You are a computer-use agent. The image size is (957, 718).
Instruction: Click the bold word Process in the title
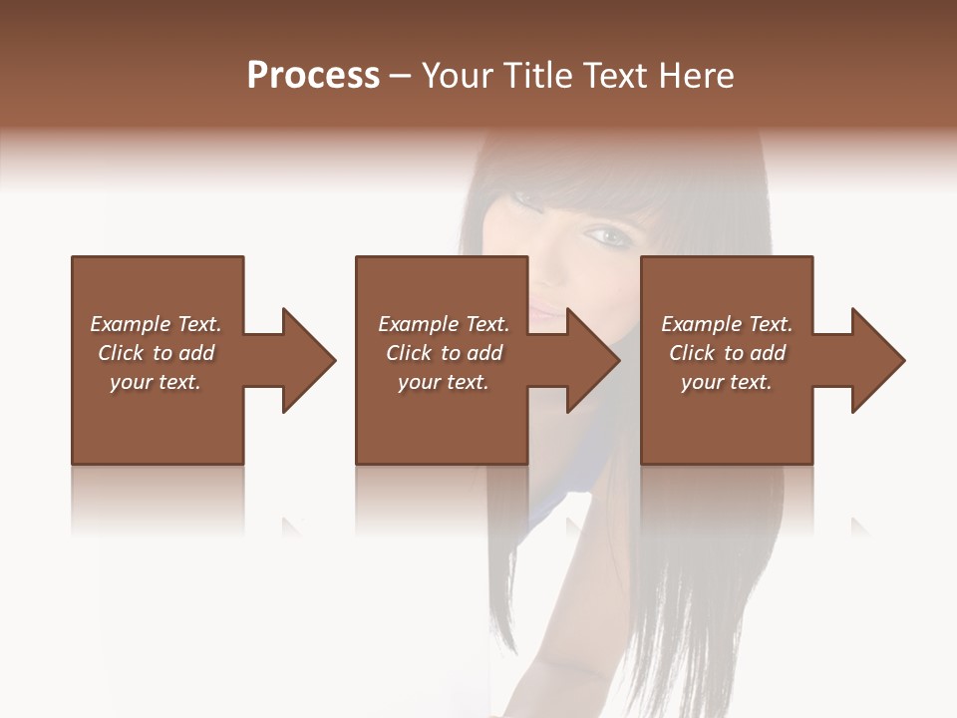click(313, 75)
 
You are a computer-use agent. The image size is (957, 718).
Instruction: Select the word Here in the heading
click(696, 75)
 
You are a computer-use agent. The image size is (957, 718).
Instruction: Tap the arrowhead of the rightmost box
click(877, 360)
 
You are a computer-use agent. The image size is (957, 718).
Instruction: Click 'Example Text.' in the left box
click(156, 324)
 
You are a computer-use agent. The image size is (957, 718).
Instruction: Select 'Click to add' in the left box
click(156, 353)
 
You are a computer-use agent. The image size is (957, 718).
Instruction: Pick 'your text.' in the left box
click(156, 382)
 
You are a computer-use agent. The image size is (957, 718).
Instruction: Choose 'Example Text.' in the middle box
click(443, 324)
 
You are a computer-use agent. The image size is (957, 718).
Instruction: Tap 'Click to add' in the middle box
click(443, 353)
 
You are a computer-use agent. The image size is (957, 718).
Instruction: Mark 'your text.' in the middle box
click(443, 382)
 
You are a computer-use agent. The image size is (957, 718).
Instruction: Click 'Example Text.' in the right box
click(727, 324)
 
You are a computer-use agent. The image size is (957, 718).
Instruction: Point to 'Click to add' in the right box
click(727, 353)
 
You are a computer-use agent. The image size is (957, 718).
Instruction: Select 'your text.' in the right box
click(727, 382)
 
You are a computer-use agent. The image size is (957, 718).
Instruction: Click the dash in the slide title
click(400, 76)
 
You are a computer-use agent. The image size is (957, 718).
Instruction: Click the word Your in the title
click(455, 75)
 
